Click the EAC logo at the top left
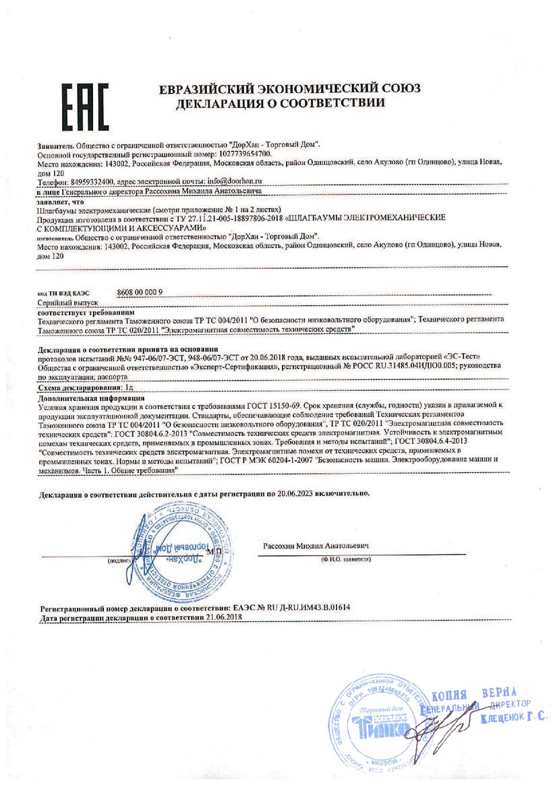click(x=84, y=107)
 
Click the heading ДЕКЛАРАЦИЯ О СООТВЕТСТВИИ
click(x=281, y=104)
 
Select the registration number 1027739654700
click(x=241, y=154)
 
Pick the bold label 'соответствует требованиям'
click(x=86, y=313)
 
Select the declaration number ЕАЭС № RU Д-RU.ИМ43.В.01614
click(x=291, y=607)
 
